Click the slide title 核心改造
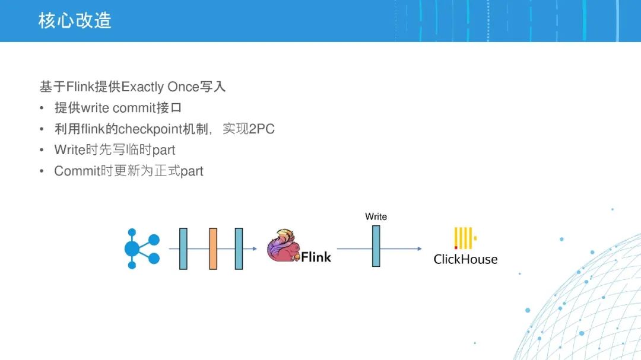pyautogui.click(x=75, y=20)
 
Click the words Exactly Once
pyautogui.click(x=160, y=87)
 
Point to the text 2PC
pyautogui.click(x=262, y=129)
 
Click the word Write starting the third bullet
pyautogui.click(x=69, y=150)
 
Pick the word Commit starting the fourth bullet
pyautogui.click(x=77, y=171)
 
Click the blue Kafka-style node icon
pyautogui.click(x=142, y=249)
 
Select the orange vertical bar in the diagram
pyautogui.click(x=213, y=249)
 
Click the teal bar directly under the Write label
pyautogui.click(x=376, y=246)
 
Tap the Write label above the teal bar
pyautogui.click(x=376, y=216)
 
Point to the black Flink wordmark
pyautogui.click(x=316, y=257)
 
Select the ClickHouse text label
pyautogui.click(x=466, y=259)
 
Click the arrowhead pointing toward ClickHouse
pyautogui.click(x=420, y=249)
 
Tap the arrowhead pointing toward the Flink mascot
pyautogui.click(x=255, y=249)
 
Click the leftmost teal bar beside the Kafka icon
pyautogui.click(x=183, y=249)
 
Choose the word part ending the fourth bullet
pyautogui.click(x=192, y=171)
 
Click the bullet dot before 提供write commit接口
pyautogui.click(x=42, y=109)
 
